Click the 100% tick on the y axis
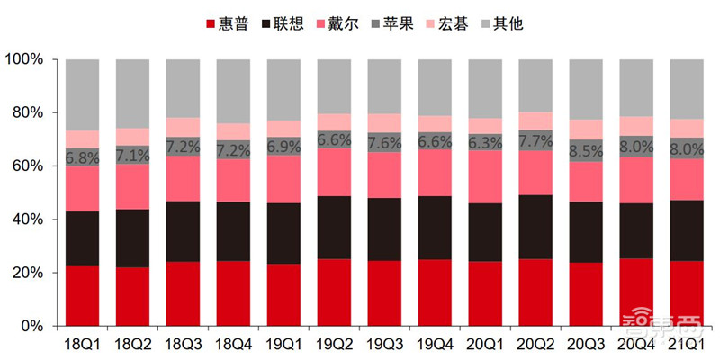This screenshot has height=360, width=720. pyautogui.click(x=24, y=59)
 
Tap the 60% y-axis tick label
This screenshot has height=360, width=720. pyautogui.click(x=28, y=166)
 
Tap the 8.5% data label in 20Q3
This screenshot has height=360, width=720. pyautogui.click(x=586, y=152)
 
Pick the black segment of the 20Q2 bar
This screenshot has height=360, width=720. pyautogui.click(x=536, y=227)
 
